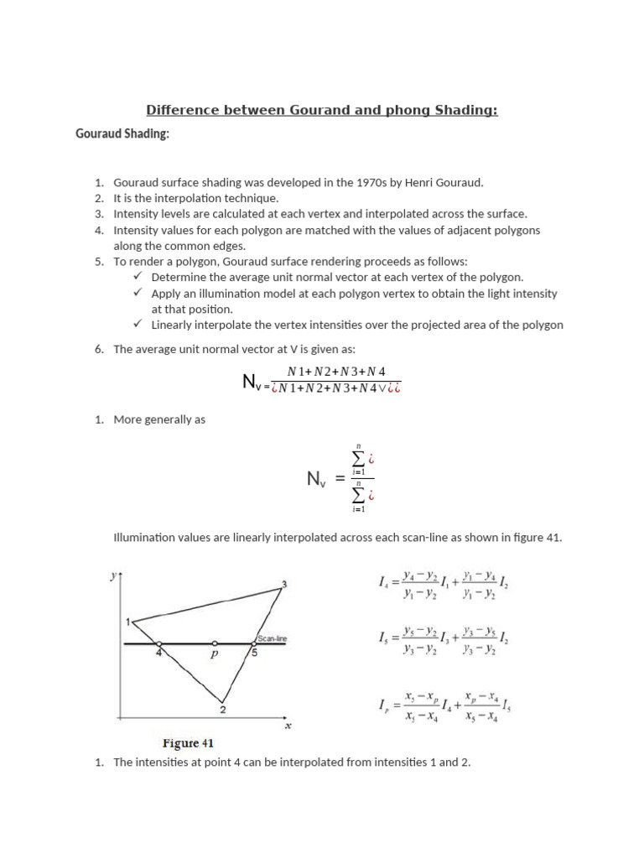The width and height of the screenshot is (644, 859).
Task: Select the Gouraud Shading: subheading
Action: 122,134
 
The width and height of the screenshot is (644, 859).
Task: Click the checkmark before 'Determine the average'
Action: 138,276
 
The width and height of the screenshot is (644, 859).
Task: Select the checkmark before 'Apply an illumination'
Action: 138,293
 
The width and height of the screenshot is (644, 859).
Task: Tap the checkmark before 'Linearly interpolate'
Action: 138,324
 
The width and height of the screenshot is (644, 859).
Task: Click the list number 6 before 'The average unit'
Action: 98,349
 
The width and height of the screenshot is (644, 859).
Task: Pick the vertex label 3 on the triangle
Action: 284,584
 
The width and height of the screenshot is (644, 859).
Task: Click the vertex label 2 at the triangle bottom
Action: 222,710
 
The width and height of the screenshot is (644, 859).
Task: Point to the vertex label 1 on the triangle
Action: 128,622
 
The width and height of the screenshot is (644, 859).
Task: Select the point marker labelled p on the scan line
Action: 214,644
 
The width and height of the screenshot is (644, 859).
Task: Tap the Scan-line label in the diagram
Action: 273,638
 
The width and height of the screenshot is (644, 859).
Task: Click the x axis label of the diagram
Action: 288,726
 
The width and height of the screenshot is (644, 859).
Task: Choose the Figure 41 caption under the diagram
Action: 192,743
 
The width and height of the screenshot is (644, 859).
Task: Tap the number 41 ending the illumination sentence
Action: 553,537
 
